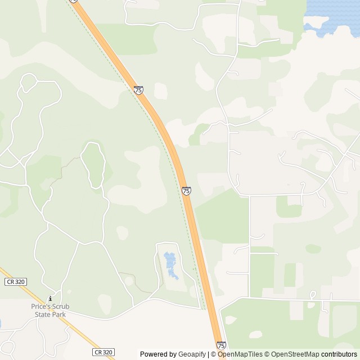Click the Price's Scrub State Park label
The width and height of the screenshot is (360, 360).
[50, 310]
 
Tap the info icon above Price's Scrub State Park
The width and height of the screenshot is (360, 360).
[50, 299]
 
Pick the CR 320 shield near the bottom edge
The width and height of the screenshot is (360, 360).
[103, 352]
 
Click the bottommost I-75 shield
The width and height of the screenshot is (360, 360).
[220, 345]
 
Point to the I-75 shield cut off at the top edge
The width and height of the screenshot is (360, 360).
[74, 1]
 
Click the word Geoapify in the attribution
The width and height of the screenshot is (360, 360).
[192, 354]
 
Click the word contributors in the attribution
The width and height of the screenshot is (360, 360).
[339, 354]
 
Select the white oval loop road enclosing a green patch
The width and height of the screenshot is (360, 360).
[93, 164]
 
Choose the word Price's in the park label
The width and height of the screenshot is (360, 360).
[40, 307]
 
